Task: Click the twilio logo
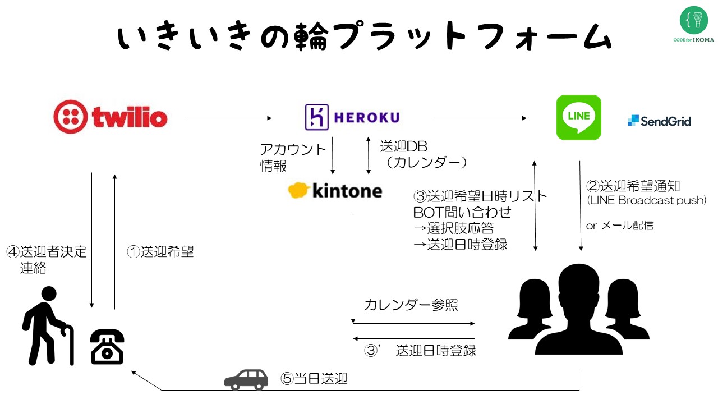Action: (111, 117)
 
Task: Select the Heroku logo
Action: (352, 117)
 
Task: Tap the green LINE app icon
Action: (578, 117)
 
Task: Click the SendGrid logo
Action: (659, 121)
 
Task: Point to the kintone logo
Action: (335, 190)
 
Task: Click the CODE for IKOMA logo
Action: (694, 24)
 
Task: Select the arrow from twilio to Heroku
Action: (229, 118)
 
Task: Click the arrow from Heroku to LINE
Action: (480, 118)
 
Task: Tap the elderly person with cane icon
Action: (48, 326)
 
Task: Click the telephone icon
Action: (107, 347)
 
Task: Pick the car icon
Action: (246, 380)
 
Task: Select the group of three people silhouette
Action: (579, 309)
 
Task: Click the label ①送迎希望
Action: (160, 252)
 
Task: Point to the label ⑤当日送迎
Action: (314, 379)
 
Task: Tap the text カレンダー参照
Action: (411, 305)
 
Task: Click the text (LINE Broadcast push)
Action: (647, 200)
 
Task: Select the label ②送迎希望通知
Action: (633, 186)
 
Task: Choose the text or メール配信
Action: (620, 226)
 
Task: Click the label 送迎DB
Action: (403, 146)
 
